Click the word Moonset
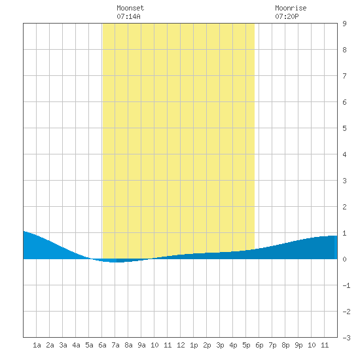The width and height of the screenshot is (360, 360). [130, 8]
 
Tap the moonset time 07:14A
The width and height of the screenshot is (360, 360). [128, 16]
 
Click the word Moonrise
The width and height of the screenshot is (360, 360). [291, 8]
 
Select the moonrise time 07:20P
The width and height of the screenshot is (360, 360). [287, 16]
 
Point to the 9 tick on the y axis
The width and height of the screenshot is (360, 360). [344, 24]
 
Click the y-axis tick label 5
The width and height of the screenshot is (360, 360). [344, 128]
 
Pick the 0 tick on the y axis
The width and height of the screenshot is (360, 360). [344, 259]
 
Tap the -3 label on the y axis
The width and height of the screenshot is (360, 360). [346, 338]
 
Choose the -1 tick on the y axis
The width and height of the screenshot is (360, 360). [346, 285]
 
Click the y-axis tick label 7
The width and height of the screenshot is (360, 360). [344, 76]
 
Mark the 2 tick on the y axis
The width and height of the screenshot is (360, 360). [344, 207]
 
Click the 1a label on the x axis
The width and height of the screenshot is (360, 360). [37, 345]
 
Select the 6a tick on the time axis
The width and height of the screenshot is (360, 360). [102, 345]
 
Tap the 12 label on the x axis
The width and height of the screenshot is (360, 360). [181, 345]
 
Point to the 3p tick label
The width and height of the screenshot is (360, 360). [220, 345]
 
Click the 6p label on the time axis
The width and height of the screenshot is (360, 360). [259, 345]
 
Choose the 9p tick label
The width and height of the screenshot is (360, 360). [298, 345]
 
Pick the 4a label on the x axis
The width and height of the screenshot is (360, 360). [76, 345]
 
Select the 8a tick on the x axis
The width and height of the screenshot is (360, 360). [128, 345]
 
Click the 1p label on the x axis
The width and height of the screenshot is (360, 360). [194, 345]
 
